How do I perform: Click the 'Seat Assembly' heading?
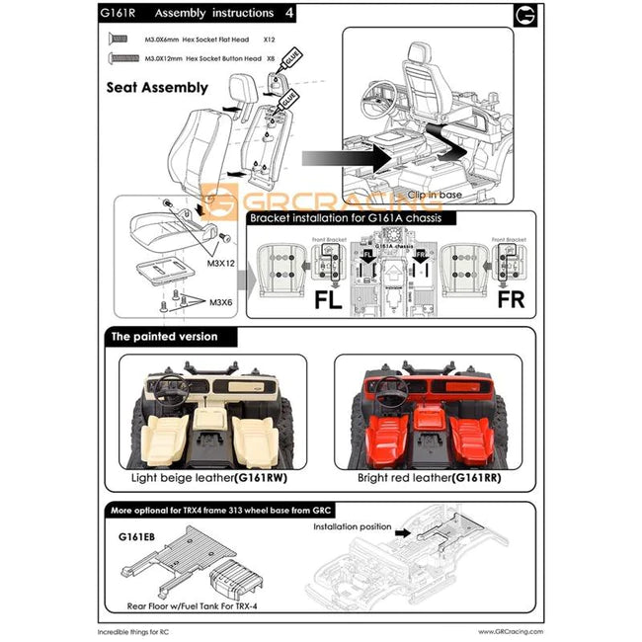(157, 87)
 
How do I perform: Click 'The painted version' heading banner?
(161, 337)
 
